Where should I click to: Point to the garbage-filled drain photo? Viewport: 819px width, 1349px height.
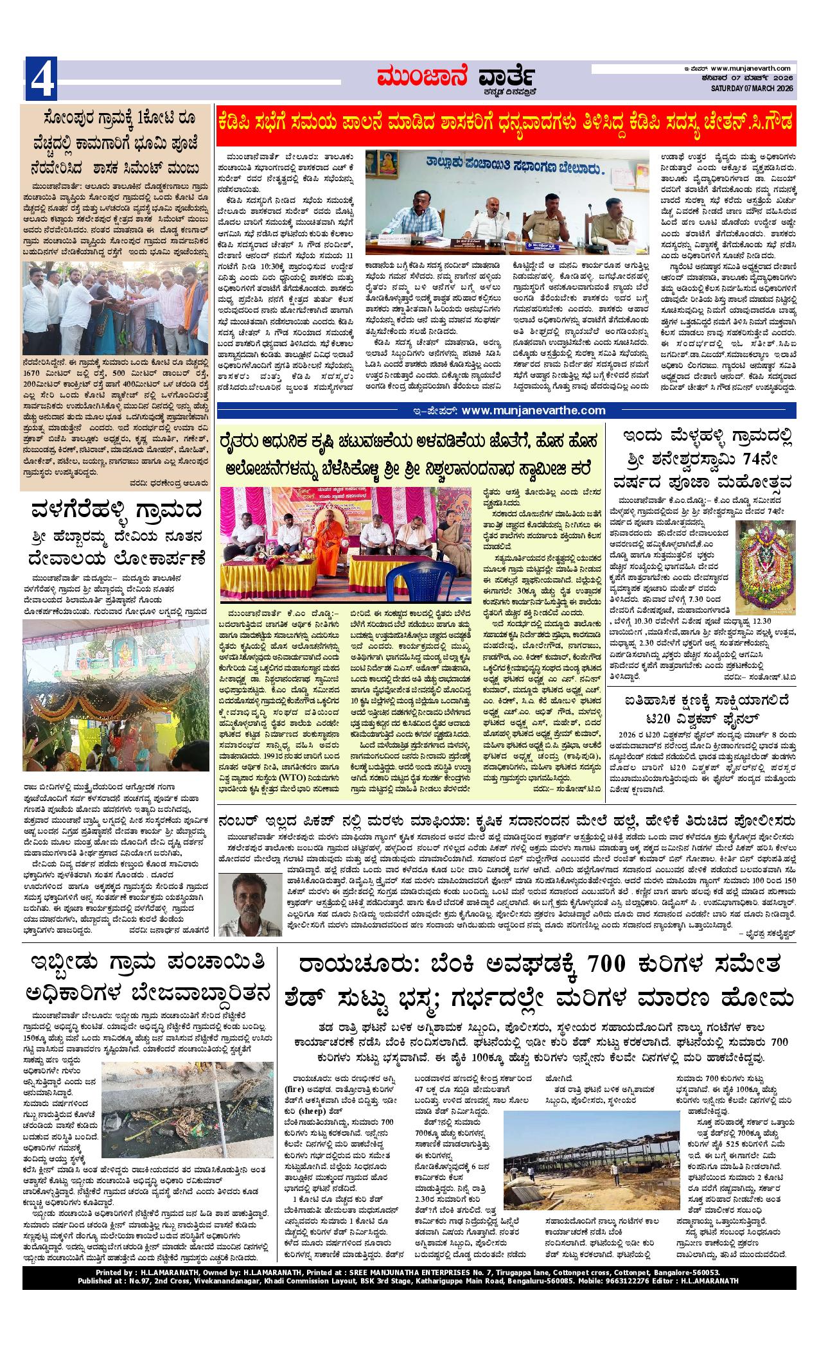pyautogui.click(x=163, y=1119)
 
